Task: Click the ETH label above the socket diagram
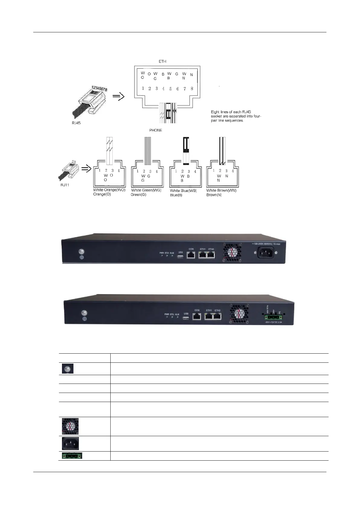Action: (x=162, y=61)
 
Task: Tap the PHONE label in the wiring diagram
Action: (x=156, y=130)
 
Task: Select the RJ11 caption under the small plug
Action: (x=65, y=185)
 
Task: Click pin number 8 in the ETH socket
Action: (x=192, y=89)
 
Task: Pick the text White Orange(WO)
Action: (x=109, y=190)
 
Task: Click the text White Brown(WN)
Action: (x=221, y=190)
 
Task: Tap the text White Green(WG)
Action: (x=146, y=190)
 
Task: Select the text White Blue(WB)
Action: (x=183, y=191)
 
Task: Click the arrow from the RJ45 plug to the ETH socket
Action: (x=118, y=97)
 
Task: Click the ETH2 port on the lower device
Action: (x=217, y=317)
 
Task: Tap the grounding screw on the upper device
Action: (x=81, y=251)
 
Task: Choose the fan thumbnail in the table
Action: (x=70, y=426)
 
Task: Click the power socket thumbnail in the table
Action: (x=70, y=443)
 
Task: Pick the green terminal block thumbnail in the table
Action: (x=72, y=456)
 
